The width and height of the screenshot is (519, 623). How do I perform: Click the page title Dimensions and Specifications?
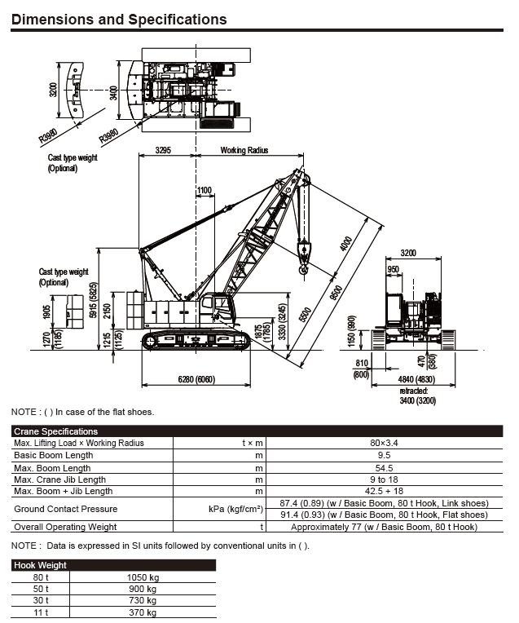(119, 19)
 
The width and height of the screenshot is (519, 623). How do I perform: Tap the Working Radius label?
(244, 151)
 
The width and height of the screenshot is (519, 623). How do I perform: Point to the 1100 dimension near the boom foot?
(204, 191)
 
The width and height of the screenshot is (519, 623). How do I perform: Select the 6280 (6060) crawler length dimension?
(196, 379)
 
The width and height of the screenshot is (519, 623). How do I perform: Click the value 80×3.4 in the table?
(377, 443)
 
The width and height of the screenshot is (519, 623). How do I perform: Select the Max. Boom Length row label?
(52, 467)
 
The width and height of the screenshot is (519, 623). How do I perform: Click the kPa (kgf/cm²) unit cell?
(235, 509)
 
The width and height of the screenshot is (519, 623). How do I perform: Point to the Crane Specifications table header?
(56, 431)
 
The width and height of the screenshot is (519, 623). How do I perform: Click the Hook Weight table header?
(41, 564)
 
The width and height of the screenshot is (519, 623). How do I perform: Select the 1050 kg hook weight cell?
(143, 577)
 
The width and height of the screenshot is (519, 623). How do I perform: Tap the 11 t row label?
(41, 612)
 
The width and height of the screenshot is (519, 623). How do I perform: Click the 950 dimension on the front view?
(393, 269)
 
